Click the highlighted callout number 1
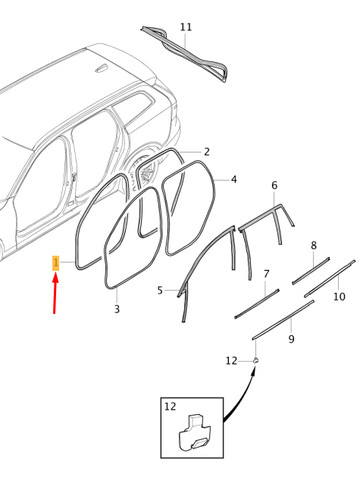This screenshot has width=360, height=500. click(x=56, y=263)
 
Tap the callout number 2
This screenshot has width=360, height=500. click(x=207, y=152)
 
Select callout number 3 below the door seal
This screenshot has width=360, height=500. click(x=117, y=309)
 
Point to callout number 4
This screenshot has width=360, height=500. click(x=234, y=179)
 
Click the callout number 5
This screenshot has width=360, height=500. click(x=160, y=290)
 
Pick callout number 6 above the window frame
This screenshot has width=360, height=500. click(x=274, y=185)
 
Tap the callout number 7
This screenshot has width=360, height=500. click(x=266, y=274)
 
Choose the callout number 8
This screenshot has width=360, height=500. click(x=313, y=246)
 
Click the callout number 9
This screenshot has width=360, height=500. click(x=291, y=339)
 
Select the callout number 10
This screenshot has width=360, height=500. click(x=339, y=296)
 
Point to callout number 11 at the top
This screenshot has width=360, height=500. click(x=186, y=27)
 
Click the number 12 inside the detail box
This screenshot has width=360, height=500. click(x=170, y=406)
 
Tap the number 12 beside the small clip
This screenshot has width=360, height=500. click(x=231, y=361)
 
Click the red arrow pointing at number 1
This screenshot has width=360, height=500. click(x=55, y=293)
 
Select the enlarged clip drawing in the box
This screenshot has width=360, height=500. click(x=195, y=432)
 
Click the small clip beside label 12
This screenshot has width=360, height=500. click(x=256, y=360)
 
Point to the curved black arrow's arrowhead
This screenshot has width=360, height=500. click(x=254, y=371)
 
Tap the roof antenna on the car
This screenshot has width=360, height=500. click(x=101, y=69)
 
